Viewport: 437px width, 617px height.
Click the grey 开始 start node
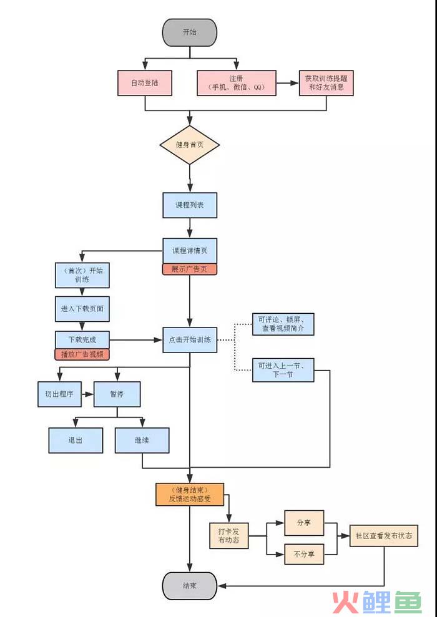coord(190,32)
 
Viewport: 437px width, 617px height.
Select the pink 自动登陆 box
coord(145,83)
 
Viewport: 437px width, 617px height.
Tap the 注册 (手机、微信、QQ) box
coord(237,83)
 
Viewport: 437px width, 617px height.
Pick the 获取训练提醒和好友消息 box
coord(326,83)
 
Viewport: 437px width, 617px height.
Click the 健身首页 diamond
coord(190,145)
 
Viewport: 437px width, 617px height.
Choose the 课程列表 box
coord(190,205)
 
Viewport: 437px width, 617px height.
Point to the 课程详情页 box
coord(190,251)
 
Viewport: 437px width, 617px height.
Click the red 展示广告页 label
coord(190,270)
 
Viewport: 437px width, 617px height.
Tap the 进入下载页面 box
coord(82,309)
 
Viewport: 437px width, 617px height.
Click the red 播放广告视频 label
coord(82,354)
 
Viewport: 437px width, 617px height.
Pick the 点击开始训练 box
coord(190,340)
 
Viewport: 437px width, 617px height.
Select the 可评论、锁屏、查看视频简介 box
coord(283,324)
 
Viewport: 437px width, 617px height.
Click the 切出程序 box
coord(59,394)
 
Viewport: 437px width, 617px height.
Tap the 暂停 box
coord(117,394)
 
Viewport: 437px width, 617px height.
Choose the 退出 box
coord(76,440)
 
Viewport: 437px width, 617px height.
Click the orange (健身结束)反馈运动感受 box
coord(190,493)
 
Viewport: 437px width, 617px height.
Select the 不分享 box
coord(304,554)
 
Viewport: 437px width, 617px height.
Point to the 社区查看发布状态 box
coord(383,536)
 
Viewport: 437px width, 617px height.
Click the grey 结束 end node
coord(190,586)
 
